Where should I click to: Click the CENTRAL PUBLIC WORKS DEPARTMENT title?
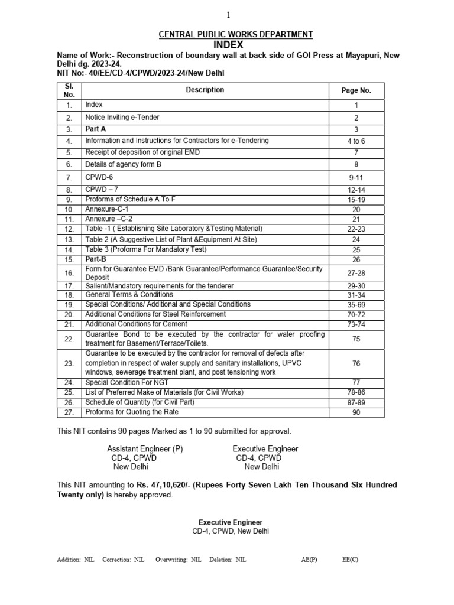coord(236,35)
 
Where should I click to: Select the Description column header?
coord(205,90)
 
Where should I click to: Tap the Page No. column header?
coord(356,90)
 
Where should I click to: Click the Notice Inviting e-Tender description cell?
coord(122,118)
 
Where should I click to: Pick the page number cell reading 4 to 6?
coord(356,141)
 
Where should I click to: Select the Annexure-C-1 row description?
coord(107,209)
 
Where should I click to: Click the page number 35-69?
coord(356,305)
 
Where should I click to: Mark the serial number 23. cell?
coord(69,363)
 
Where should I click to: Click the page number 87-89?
coord(356,402)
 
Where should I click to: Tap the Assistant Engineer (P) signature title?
coord(145,449)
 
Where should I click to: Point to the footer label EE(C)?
coord(350,560)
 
